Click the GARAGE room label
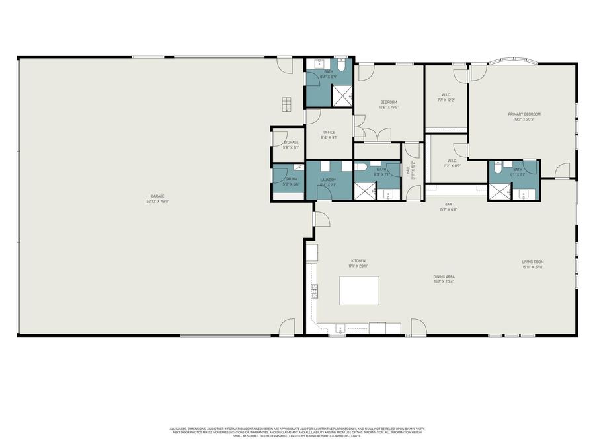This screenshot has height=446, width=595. [157, 196]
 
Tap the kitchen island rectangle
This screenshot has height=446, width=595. [359, 291]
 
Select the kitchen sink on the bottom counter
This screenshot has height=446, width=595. [339, 327]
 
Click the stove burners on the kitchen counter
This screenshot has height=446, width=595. [315, 291]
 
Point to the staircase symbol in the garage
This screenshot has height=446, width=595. [286, 104]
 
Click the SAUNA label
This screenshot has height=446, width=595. [291, 178]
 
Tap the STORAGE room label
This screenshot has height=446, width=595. [291, 142]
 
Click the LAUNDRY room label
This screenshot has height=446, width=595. [328, 180]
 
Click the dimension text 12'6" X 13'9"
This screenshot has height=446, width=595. [388, 108]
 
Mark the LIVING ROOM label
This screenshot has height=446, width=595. [532, 262]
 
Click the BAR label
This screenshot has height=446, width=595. [448, 205]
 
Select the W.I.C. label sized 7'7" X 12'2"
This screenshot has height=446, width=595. [444, 96]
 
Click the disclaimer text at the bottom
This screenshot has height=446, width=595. [297, 432]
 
